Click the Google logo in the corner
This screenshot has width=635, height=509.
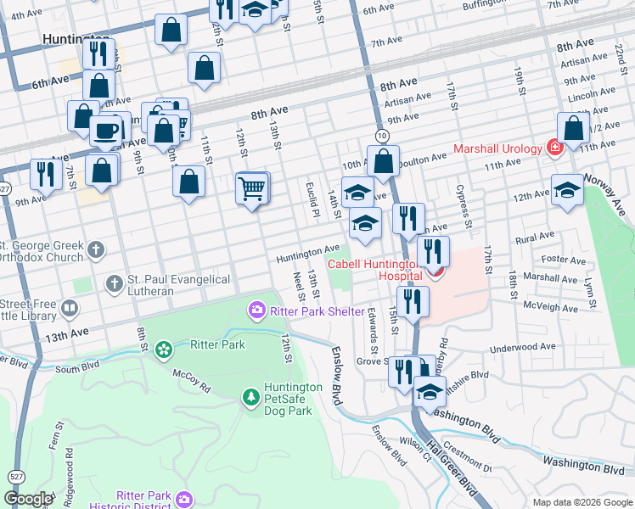tap(28, 499)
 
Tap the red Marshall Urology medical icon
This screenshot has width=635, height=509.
tap(554, 148)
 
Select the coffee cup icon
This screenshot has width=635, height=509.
tap(106, 131)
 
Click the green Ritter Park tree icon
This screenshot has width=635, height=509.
tap(163, 348)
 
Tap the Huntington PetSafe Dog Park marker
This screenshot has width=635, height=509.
tap(250, 396)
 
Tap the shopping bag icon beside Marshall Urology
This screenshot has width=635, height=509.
tap(575, 128)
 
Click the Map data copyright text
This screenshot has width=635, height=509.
tap(582, 501)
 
